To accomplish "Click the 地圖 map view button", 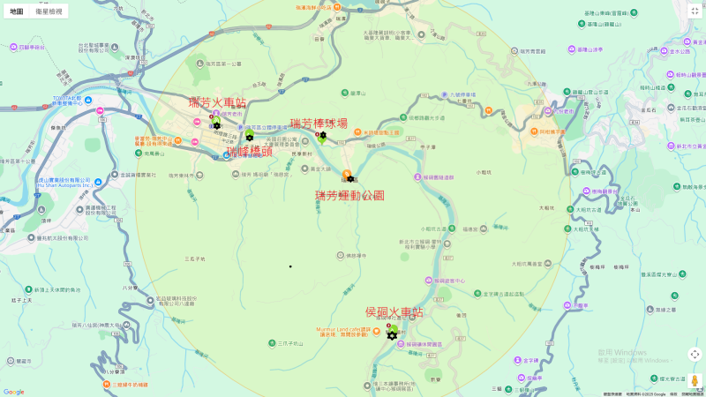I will coord(17,11).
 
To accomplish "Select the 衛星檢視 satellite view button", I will coord(49,11).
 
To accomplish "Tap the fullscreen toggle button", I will coord(695,11).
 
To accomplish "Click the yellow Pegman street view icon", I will coord(695,380).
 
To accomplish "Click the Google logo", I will coord(13,392).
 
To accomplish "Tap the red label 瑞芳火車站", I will coord(217,103).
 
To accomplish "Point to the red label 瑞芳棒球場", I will coord(319,124).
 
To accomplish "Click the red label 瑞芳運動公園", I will coord(349,195).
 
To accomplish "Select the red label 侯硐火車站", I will coord(394,312).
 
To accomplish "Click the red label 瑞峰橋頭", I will coord(250,151).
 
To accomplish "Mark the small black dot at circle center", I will coord(290,266).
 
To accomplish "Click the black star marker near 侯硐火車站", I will coord(392,335).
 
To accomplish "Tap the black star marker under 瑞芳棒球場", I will coord(322,135).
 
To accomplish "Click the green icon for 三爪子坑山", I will coord(274,343).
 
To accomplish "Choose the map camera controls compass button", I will coord(695,354).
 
